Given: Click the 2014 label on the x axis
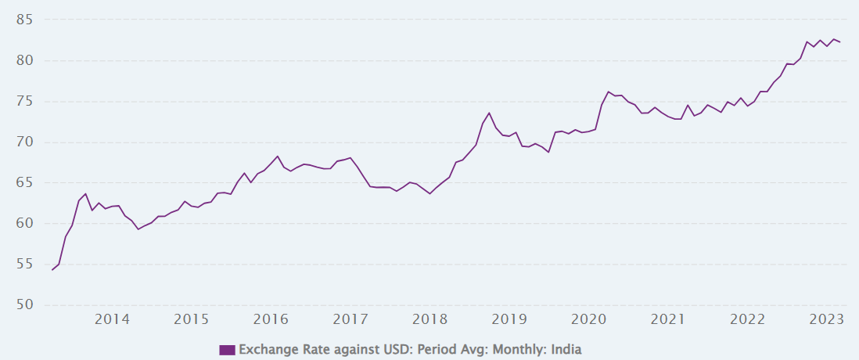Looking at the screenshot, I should pyautogui.click(x=112, y=319).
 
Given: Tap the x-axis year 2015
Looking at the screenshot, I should pyautogui.click(x=191, y=319).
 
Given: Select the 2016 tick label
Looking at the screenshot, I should pyautogui.click(x=271, y=319).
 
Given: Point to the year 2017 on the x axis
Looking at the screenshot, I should pyautogui.click(x=350, y=319).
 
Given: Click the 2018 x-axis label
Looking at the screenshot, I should pyautogui.click(x=430, y=319).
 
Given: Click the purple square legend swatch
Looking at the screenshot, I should pyautogui.click(x=227, y=349).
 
